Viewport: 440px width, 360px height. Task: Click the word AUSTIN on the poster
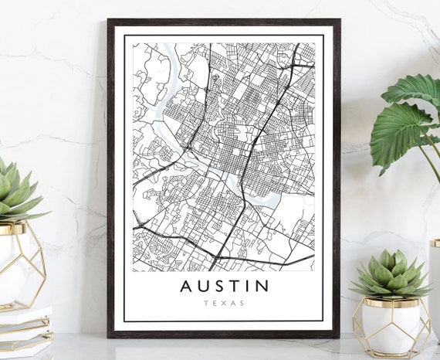225,287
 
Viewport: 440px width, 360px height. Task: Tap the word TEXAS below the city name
225,304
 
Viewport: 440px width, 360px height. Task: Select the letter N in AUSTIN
262,287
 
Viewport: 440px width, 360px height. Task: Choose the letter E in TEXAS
215,304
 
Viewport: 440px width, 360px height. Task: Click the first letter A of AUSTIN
186,287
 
